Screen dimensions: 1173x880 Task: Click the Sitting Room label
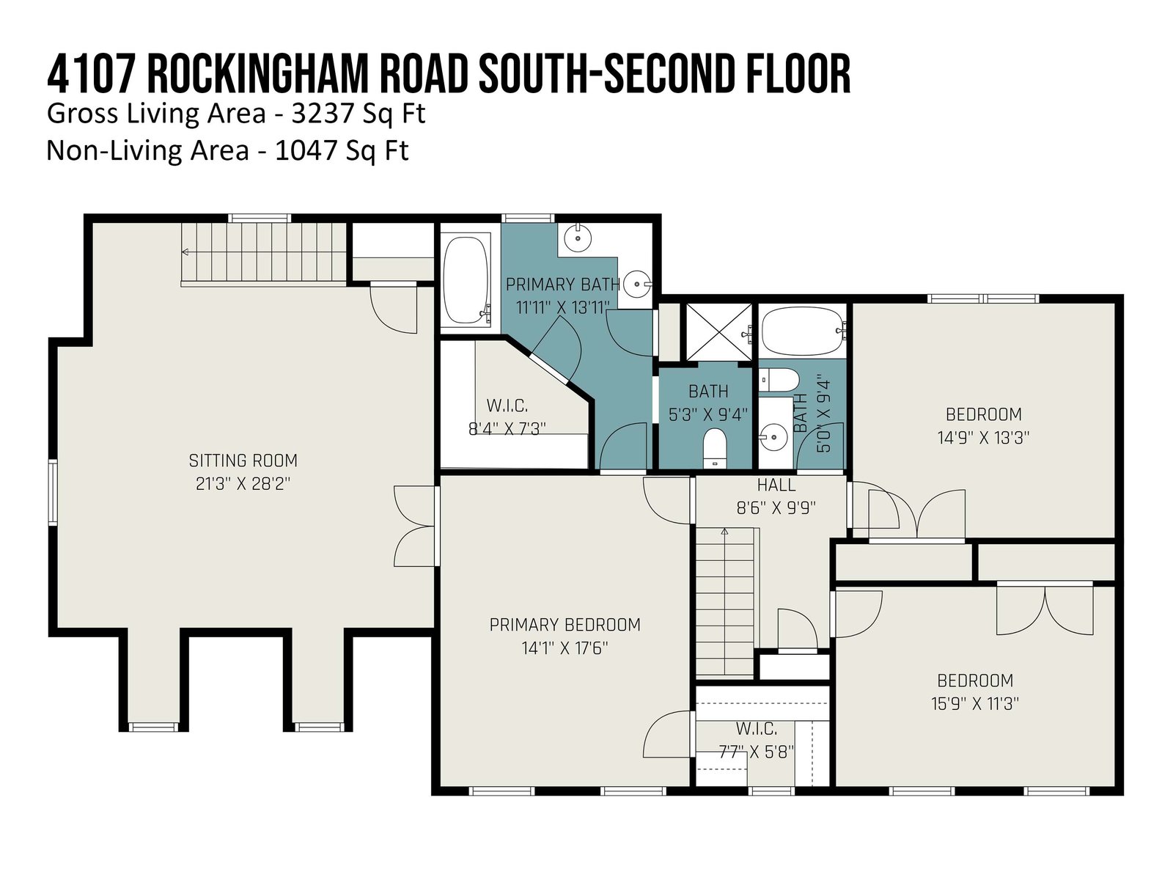(x=243, y=461)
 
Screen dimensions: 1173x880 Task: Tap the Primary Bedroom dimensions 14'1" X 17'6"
(x=565, y=649)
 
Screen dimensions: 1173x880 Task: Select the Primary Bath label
(x=563, y=285)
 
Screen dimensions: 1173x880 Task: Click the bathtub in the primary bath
(x=466, y=281)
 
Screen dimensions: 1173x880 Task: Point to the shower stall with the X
(x=718, y=331)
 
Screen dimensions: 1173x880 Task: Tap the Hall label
(x=776, y=485)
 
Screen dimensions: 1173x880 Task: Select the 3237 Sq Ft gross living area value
(x=358, y=114)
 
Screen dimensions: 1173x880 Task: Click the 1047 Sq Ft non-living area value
(x=342, y=150)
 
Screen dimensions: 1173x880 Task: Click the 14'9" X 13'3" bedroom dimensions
(x=983, y=438)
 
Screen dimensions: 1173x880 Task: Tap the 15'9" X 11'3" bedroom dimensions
(x=975, y=704)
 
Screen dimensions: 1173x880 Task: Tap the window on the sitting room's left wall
(x=52, y=492)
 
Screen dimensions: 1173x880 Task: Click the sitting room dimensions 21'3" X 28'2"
(x=243, y=484)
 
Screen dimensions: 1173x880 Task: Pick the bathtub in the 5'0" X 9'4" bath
(x=801, y=331)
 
